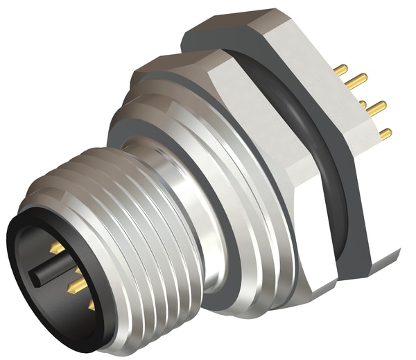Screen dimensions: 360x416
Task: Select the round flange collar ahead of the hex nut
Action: tap(229, 229)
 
